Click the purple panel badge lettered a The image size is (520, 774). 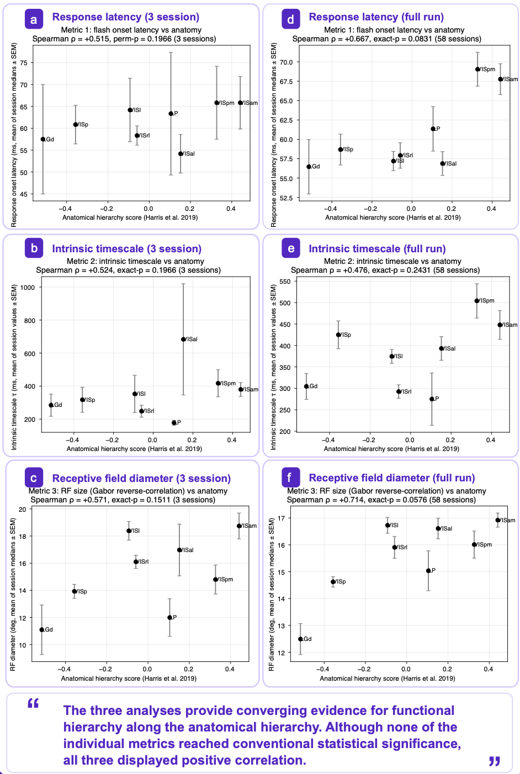(34, 19)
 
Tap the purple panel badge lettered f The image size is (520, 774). (290, 477)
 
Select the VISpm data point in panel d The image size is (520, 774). (477, 69)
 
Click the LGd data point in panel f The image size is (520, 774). (300, 639)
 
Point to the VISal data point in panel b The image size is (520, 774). (183, 340)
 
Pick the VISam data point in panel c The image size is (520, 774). (239, 526)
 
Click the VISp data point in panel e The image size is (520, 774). (338, 335)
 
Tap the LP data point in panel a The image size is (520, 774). (171, 114)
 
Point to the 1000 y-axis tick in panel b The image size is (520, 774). (28, 288)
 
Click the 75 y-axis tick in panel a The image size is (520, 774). (24, 63)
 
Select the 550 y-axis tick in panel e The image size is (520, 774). (285, 281)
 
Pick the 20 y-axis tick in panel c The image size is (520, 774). (23, 510)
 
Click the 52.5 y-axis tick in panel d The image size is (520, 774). (286, 198)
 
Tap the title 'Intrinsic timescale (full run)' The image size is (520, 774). (377, 249)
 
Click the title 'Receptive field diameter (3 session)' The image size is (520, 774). (141, 478)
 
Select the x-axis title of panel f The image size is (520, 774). (388, 678)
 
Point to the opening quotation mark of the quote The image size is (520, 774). (33, 703)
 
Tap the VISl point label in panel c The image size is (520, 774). (135, 531)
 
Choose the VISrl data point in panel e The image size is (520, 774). (399, 391)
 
